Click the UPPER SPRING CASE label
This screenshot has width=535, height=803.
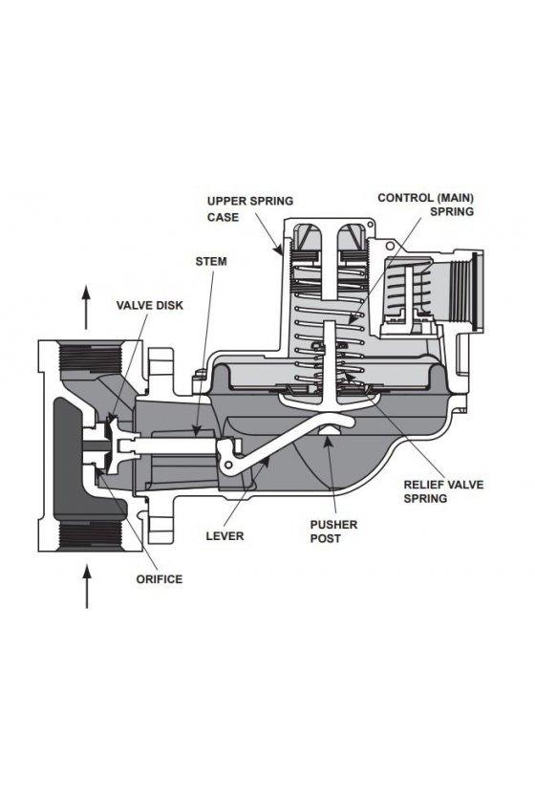pos(250,209)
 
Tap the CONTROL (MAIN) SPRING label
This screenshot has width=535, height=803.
pos(425,205)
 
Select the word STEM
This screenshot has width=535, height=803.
pos(211,261)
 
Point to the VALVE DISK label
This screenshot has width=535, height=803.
pos(149,306)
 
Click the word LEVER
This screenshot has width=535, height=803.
pos(225,536)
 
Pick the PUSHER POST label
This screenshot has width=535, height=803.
pos(333,532)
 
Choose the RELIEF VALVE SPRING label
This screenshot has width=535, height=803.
pos(443,491)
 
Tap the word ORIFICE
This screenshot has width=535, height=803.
pos(160,579)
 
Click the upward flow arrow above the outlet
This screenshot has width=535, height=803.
pos(86,307)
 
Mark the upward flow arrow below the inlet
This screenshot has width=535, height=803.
pos(87,586)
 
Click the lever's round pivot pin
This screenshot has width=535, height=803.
pos(229,464)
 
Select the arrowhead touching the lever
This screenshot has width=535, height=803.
pos(265,461)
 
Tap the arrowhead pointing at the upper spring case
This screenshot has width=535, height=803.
pos(279,250)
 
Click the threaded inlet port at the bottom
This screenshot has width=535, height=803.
pos(91,535)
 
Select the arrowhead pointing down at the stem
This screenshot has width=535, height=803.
pos(196,431)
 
